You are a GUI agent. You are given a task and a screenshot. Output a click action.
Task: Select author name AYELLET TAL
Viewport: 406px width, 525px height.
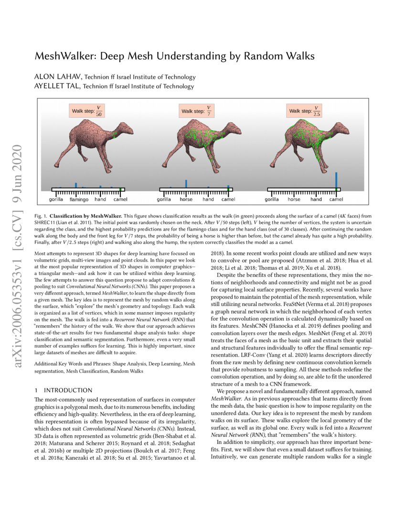tap(51, 86)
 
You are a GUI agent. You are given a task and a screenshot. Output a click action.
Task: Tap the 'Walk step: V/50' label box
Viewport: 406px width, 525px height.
tap(86, 111)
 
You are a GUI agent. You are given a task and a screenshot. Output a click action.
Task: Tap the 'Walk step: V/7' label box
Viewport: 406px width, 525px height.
tap(196, 111)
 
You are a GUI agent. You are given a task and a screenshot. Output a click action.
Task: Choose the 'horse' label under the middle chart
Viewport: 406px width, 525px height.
tap(186, 199)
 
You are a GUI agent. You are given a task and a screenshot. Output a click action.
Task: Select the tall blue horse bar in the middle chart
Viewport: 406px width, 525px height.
tap(186, 184)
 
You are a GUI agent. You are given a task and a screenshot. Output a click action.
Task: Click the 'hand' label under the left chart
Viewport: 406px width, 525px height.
tap(100, 199)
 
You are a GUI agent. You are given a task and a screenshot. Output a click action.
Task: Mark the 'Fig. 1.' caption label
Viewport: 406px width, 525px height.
tap(41, 216)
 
